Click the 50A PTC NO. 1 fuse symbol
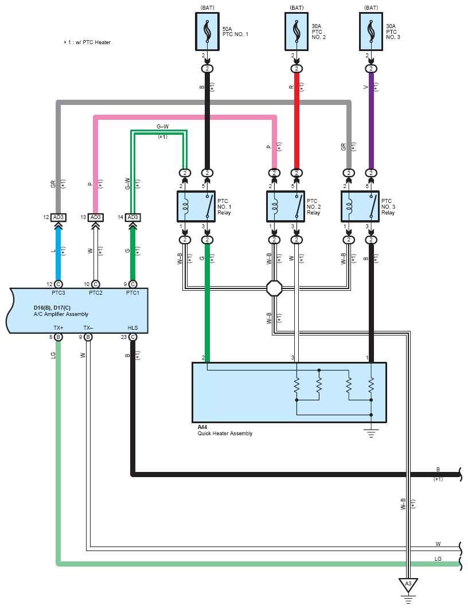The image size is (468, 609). pyautogui.click(x=207, y=32)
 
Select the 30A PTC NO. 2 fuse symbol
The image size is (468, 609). pyautogui.click(x=297, y=32)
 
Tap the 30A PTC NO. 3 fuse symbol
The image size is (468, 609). pyautogui.click(x=371, y=32)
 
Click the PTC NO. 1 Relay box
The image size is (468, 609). pyautogui.click(x=196, y=206)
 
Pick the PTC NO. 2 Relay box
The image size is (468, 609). pyautogui.click(x=286, y=206)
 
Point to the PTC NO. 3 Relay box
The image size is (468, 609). pyautogui.click(x=360, y=206)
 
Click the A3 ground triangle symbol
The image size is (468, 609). pyautogui.click(x=408, y=585)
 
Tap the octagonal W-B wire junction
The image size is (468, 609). pyautogui.click(x=274, y=288)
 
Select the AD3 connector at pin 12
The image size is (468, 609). pyautogui.click(x=58, y=217)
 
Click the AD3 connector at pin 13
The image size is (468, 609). pyautogui.click(x=96, y=217)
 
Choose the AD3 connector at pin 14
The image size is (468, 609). pyautogui.click(x=133, y=217)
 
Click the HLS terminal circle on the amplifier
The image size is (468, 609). pyautogui.click(x=133, y=337)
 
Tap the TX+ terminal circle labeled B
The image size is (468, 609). pyautogui.click(x=58, y=337)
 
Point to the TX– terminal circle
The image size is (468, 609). pyautogui.click(x=88, y=337)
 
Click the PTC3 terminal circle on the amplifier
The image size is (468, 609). pyautogui.click(x=58, y=284)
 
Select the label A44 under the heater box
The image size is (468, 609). pyautogui.click(x=202, y=427)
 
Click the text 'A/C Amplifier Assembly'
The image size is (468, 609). pyautogui.click(x=61, y=314)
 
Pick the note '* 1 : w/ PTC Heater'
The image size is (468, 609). pyautogui.click(x=87, y=42)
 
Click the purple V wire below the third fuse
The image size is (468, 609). pyautogui.click(x=371, y=121)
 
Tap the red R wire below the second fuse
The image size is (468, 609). pyautogui.click(x=297, y=121)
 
